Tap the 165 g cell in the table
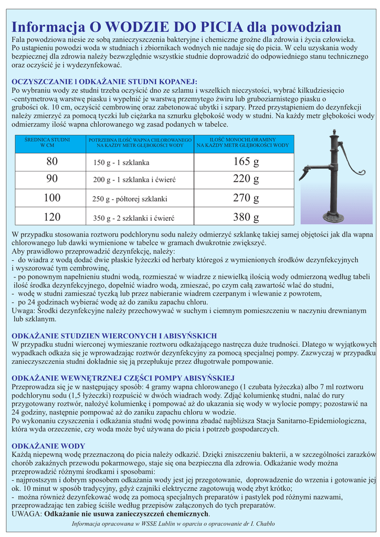pyautogui.click(x=246, y=162)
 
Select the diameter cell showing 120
pyautogui.click(x=52, y=217)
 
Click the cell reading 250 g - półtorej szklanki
pyautogui.click(x=130, y=199)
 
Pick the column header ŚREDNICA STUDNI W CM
pyautogui.click(x=48, y=143)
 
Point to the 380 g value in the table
pyautogui.click(x=246, y=217)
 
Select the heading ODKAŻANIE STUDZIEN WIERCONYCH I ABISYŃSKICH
pyautogui.click(x=114, y=336)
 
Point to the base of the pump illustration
pyautogui.click(x=333, y=216)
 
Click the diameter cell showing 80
pyautogui.click(x=52, y=162)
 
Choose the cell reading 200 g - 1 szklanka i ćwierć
pyautogui.click(x=134, y=180)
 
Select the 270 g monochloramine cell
pyautogui.click(x=246, y=198)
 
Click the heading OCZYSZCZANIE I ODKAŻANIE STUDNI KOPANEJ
pyautogui.click(x=104, y=81)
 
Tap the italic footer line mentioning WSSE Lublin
pyautogui.click(x=173, y=523)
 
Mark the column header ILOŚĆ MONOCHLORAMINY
pyautogui.click(x=242, y=143)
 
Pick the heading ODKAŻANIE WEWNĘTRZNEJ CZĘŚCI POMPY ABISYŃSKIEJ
pyautogui.click(x=123, y=378)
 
